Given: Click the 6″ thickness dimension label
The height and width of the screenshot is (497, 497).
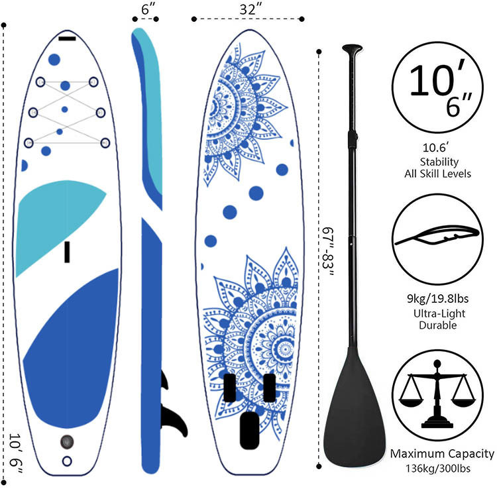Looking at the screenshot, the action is pyautogui.click(x=148, y=9).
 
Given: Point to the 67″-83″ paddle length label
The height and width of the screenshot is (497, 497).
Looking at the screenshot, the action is pyautogui.click(x=327, y=252).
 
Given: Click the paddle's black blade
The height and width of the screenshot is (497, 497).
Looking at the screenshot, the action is pyautogui.click(x=355, y=406).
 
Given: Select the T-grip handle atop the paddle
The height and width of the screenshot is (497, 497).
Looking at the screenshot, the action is pyautogui.click(x=352, y=49).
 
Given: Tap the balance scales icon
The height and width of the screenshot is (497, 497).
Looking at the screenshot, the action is pyautogui.click(x=437, y=395).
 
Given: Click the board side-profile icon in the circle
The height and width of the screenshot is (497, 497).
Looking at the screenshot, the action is pyautogui.click(x=437, y=236).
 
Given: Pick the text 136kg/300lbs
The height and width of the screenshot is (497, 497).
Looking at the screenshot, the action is pyautogui.click(x=438, y=469).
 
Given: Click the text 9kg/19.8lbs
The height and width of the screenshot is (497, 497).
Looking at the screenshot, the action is pyautogui.click(x=437, y=299).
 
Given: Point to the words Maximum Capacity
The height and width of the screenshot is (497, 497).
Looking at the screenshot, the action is pyautogui.click(x=442, y=454).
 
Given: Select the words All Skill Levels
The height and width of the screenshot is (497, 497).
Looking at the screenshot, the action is pyautogui.click(x=437, y=174).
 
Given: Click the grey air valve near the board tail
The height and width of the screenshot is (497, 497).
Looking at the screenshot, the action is pyautogui.click(x=67, y=441).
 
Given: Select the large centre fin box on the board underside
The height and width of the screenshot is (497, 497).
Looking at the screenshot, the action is pyautogui.click(x=249, y=430).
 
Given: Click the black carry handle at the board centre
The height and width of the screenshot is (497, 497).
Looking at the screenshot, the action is pyautogui.click(x=67, y=252).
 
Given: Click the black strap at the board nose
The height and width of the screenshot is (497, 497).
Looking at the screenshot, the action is pyautogui.click(x=67, y=39).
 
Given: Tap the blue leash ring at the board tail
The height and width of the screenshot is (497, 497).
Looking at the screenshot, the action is pyautogui.click(x=67, y=461).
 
